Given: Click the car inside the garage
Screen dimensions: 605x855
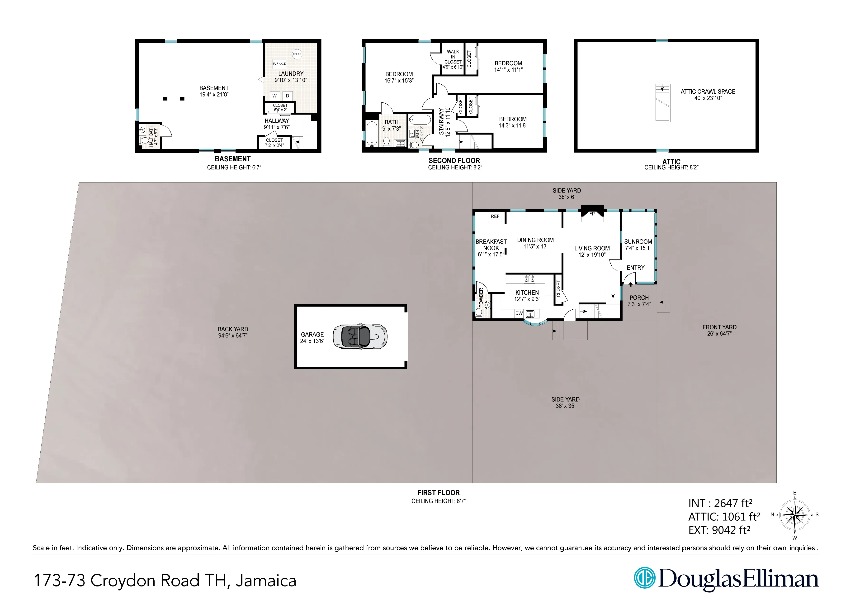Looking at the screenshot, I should coord(360,337).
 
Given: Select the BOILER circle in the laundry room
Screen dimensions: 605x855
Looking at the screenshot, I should coord(297,54).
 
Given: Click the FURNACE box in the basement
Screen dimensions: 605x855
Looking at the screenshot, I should coord(279,63).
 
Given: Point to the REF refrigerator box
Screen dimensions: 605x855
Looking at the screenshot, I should coord(495,216).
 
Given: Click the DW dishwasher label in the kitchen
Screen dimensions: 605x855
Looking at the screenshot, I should coord(519,313).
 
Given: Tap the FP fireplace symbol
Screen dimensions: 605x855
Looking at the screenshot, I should coord(592,214).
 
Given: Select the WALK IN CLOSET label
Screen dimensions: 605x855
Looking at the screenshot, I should coord(453,57).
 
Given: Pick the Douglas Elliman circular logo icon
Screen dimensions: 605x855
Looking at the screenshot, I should coord(645,578).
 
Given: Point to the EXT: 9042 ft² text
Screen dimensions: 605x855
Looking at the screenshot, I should coord(719,530).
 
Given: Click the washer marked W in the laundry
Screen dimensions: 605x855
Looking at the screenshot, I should coord(274,96).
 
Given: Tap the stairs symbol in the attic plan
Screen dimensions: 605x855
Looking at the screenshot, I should coord(662,103).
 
